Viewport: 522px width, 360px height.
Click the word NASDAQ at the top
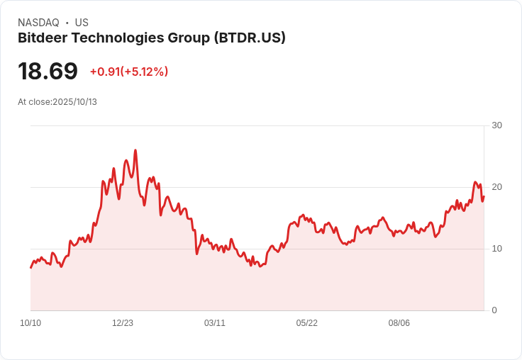[x=38, y=23]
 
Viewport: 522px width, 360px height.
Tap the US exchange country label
[x=82, y=23]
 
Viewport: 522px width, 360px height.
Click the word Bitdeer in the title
[x=42, y=38]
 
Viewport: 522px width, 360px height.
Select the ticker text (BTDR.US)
[x=250, y=38]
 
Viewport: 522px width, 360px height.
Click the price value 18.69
[x=48, y=72]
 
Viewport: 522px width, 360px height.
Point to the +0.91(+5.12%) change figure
[x=128, y=72]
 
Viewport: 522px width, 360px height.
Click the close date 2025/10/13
[x=74, y=102]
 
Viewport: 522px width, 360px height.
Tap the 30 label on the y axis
[x=496, y=125]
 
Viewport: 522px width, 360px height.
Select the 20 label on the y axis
[x=496, y=187]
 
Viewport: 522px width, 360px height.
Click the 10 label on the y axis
[x=496, y=249]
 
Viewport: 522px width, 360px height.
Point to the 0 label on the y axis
[x=494, y=310]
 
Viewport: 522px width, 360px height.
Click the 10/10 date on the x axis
[x=30, y=323]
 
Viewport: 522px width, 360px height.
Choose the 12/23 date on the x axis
[x=123, y=323]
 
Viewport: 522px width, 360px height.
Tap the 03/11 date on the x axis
[x=215, y=323]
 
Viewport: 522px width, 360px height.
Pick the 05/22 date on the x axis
[x=307, y=323]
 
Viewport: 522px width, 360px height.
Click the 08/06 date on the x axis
[x=399, y=323]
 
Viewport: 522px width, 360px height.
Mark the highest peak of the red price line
[x=135, y=150]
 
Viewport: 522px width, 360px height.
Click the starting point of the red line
[x=30, y=267]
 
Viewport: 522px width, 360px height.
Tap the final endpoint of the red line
[x=484, y=197]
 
